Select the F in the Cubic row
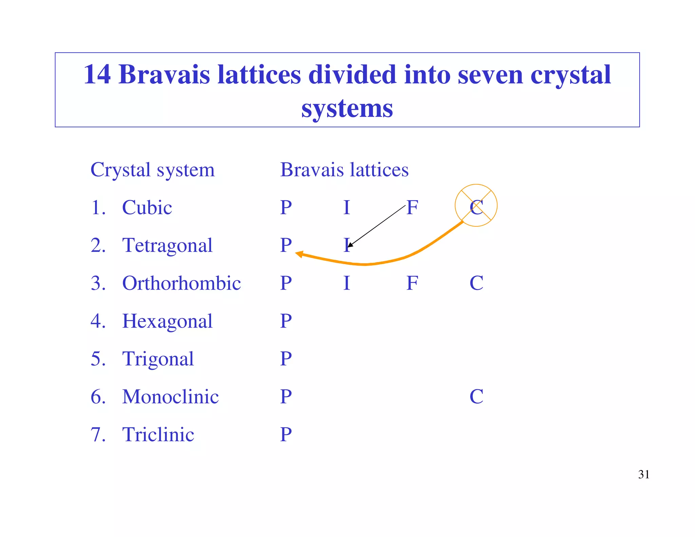click(412, 207)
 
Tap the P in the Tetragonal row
click(286, 245)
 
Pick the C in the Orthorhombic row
click(476, 283)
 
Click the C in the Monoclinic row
click(476, 396)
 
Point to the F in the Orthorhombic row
click(412, 283)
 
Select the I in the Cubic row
click(346, 207)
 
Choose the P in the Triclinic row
click(286, 434)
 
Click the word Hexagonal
click(167, 321)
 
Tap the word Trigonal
click(158, 359)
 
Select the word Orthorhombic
click(182, 283)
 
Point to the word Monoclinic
click(171, 396)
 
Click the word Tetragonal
click(167, 245)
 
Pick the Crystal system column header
click(153, 170)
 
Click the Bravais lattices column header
click(344, 170)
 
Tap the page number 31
click(644, 474)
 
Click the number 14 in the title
click(97, 74)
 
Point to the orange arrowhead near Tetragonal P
click(299, 254)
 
